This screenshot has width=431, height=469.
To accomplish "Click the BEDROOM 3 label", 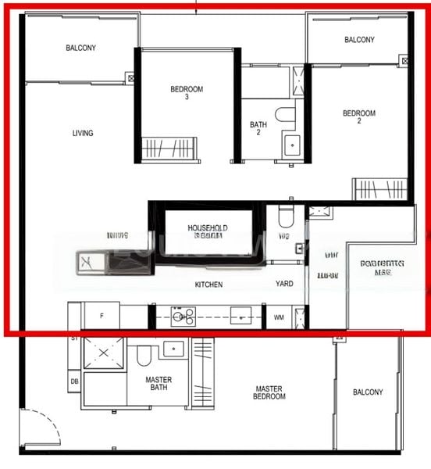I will click(187, 93).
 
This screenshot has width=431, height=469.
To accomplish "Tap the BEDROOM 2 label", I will click(359, 117).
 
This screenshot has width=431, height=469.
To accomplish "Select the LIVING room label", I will click(83, 133).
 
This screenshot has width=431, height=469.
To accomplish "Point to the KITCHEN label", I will click(209, 285).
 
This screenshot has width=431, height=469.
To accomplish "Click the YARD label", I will click(284, 284).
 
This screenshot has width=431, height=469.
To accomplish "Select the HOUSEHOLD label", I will click(208, 227).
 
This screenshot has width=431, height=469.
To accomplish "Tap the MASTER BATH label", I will click(159, 383).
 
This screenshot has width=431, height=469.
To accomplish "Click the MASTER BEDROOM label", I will click(269, 392).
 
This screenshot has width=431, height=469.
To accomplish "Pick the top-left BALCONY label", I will click(81, 48).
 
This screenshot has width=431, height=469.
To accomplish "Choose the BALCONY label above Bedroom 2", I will click(359, 40).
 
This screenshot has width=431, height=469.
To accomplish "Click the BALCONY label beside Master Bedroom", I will click(368, 392).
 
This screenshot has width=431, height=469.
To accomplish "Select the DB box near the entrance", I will click(74, 381).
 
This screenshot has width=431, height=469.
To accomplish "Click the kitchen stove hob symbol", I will click(183, 316).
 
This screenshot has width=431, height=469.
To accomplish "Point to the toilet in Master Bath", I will click(144, 356).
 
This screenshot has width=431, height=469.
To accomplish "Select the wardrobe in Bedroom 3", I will click(168, 146).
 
